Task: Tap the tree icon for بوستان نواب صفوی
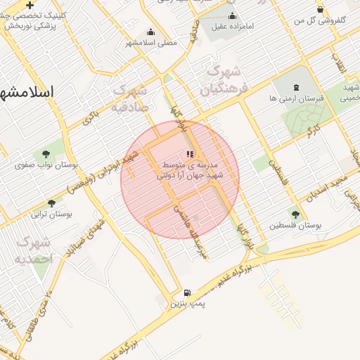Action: click(x=46, y=153)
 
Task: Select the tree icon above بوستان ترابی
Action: click(x=51, y=203)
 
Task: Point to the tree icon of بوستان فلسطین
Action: click(x=295, y=214)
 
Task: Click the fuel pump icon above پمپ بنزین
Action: click(x=187, y=293)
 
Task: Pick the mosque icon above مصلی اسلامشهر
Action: click(x=150, y=32)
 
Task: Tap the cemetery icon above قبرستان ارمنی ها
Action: click(x=295, y=88)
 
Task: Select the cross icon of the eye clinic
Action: click(x=30, y=5)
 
